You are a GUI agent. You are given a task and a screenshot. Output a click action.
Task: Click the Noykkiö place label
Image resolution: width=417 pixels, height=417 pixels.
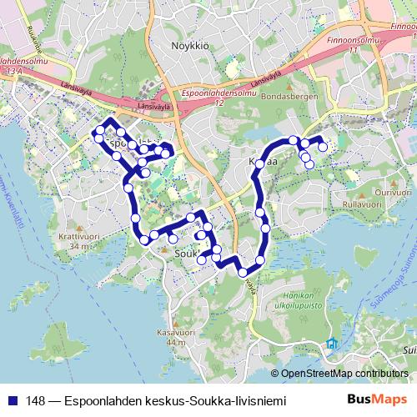tap(185, 45)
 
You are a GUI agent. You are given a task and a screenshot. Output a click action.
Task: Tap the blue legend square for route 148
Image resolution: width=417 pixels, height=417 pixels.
tap(13, 401)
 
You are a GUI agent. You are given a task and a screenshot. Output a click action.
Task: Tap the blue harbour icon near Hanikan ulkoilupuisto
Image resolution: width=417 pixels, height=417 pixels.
tap(333, 344)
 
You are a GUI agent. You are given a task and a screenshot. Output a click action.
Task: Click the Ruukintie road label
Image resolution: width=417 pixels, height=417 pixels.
tap(34, 38)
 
